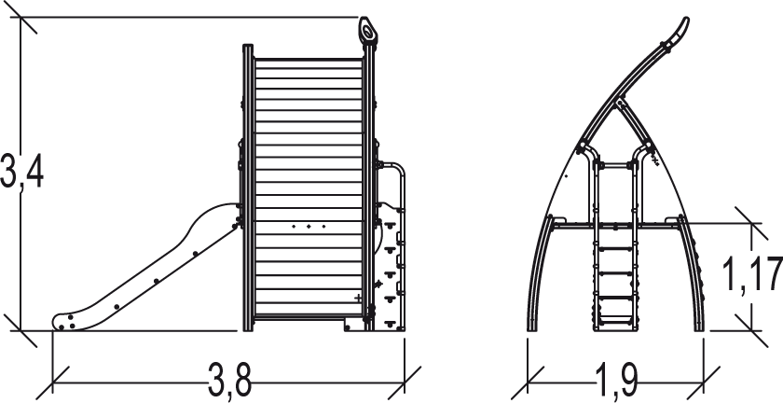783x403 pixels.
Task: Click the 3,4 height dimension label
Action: [x=21, y=171]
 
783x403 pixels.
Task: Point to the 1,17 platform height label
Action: [x=752, y=274]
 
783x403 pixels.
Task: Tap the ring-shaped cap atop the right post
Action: [x=367, y=31]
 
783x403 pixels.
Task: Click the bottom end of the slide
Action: [x=62, y=323]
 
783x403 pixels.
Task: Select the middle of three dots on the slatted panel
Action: [x=309, y=227]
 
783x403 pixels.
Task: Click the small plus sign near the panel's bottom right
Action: [x=358, y=298]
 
